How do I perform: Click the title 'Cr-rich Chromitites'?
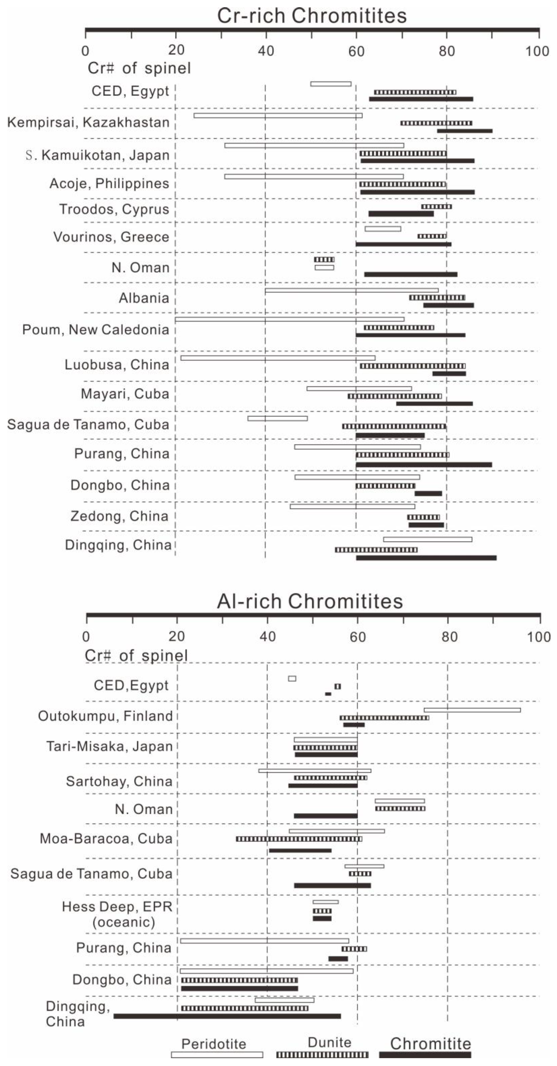[x=312, y=16]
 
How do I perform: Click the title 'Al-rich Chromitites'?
[x=310, y=601]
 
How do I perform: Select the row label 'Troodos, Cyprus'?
[x=114, y=209]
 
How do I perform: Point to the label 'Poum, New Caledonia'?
[x=96, y=330]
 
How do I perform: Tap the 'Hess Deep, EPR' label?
[x=117, y=907]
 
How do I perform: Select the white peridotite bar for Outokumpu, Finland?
[x=472, y=710]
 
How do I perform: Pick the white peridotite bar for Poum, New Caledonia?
[x=289, y=319]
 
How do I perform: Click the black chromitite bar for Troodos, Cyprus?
[x=401, y=214]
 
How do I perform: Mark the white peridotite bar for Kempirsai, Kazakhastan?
[x=278, y=115]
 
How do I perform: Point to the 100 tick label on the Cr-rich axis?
[x=537, y=51]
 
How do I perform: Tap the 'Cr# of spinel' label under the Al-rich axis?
[x=136, y=655]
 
